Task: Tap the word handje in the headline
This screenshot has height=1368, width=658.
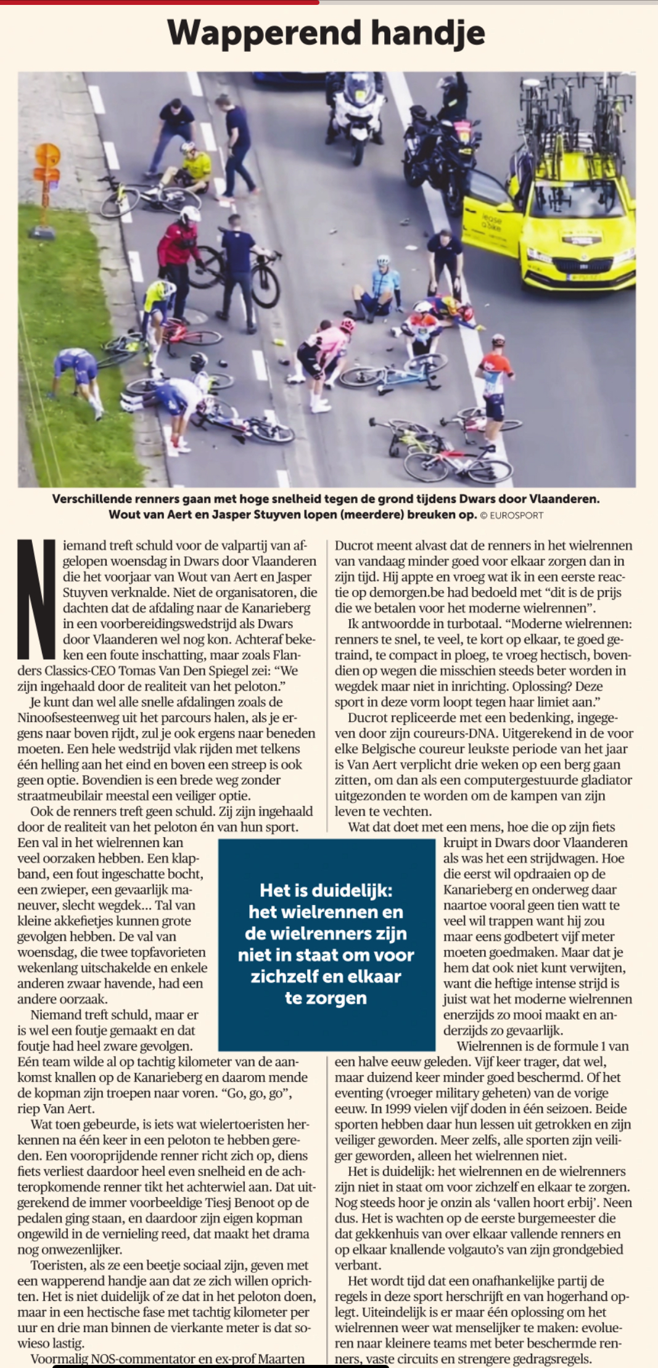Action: [428, 33]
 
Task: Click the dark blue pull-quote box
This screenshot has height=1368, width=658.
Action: [326, 944]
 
